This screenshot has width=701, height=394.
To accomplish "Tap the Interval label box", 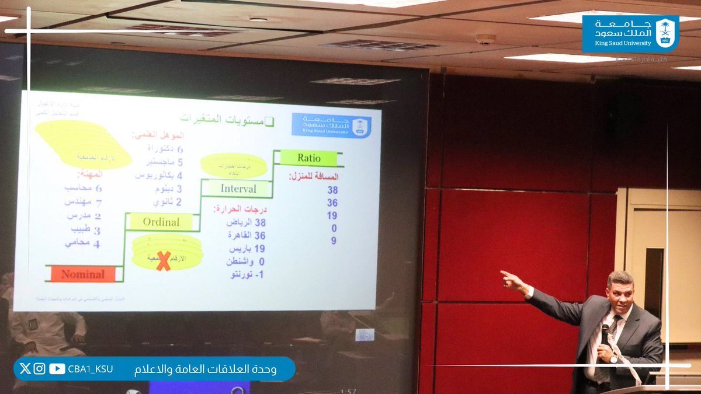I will [x=238, y=189].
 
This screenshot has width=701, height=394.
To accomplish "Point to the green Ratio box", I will [x=308, y=158].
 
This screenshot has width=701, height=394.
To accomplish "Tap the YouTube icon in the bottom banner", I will [x=57, y=368].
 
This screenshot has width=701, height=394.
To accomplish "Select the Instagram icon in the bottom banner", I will [x=39, y=368].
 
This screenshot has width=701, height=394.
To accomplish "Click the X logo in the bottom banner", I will [x=25, y=368].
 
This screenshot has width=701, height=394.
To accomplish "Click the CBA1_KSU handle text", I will [x=90, y=369].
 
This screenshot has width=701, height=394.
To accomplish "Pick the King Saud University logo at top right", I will [x=630, y=33].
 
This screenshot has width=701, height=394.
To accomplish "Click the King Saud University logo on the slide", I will [x=331, y=125].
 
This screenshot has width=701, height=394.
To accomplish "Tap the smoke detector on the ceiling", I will [x=485, y=39].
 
